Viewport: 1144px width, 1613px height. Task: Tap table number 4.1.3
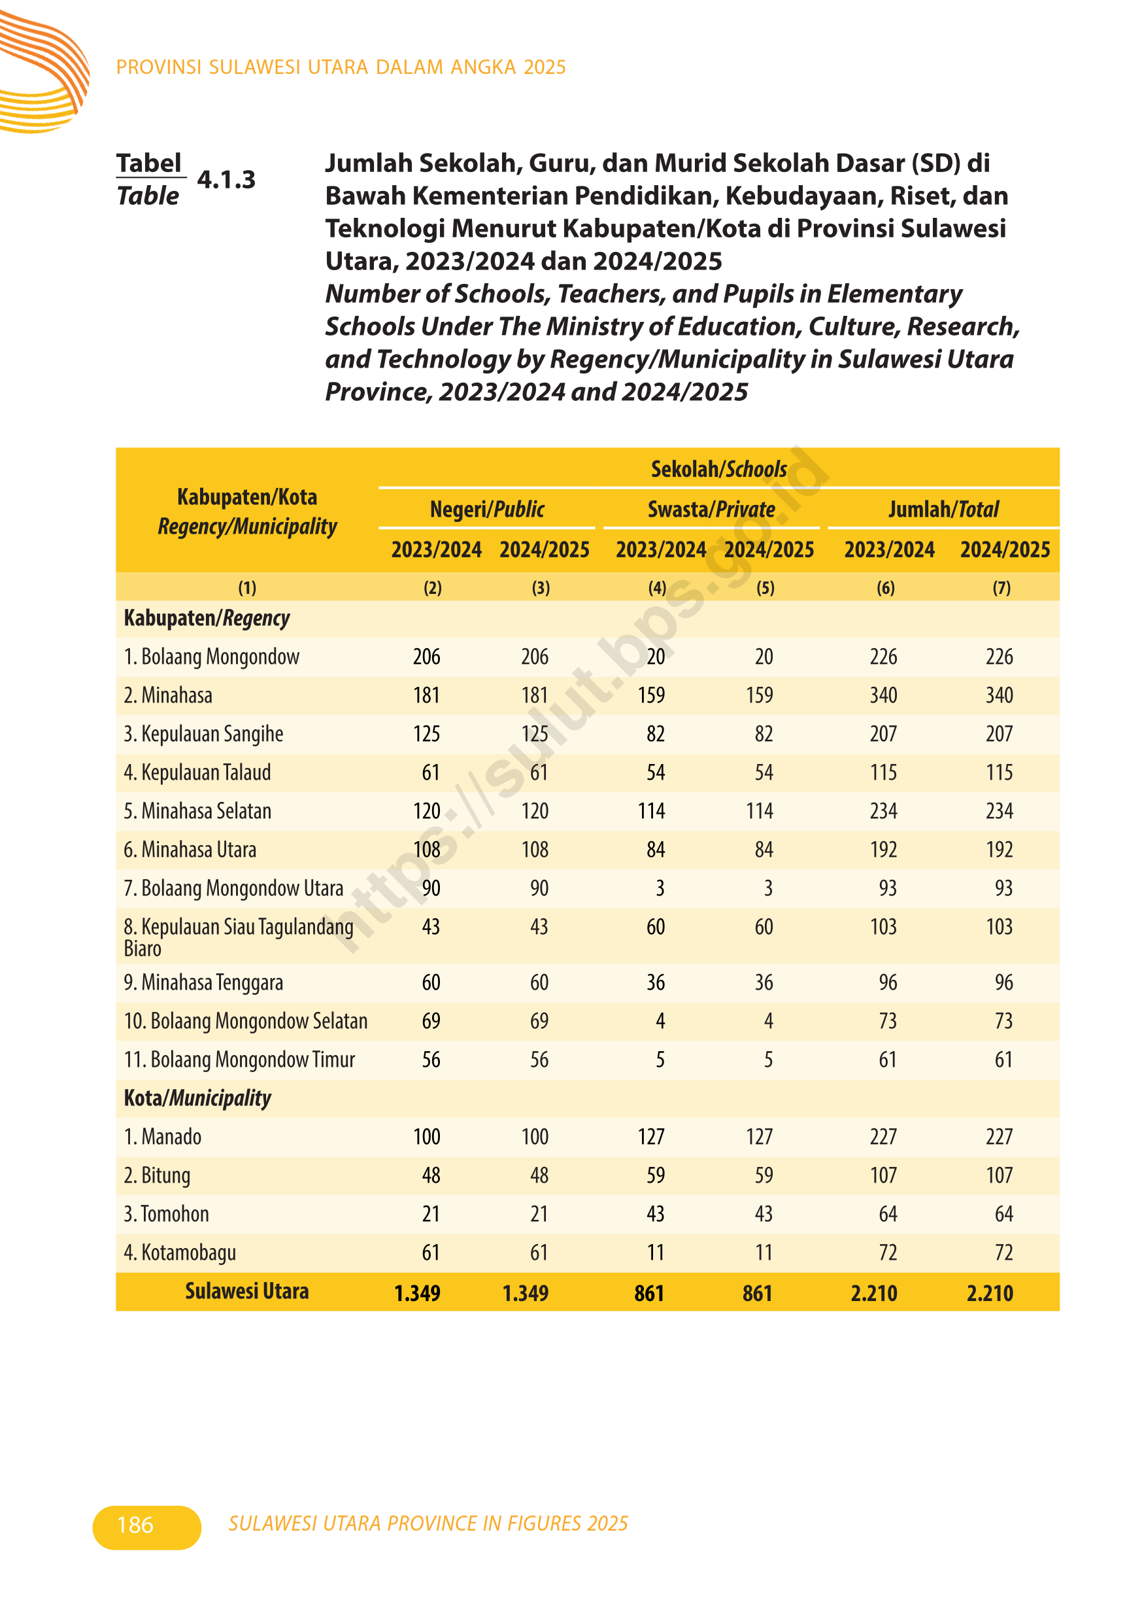[x=226, y=180]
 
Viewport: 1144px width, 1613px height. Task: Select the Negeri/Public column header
[x=487, y=509]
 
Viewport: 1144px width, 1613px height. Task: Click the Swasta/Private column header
[x=711, y=509]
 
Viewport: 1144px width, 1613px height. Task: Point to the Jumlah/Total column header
[x=943, y=509]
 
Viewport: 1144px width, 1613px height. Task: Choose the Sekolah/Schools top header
[x=718, y=469]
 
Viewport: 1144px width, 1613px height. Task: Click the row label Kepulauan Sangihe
[x=203, y=733]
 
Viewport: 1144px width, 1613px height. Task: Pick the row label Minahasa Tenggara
[x=203, y=982]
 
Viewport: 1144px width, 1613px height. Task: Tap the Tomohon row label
[x=167, y=1213]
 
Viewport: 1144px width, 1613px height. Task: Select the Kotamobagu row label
[x=180, y=1252]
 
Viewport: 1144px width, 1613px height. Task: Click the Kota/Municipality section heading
[x=197, y=1098]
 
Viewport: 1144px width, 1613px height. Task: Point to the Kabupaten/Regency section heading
[x=207, y=618]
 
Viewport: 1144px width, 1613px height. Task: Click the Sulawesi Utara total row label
[x=246, y=1291]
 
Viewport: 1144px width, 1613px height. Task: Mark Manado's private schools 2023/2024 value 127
[x=652, y=1137]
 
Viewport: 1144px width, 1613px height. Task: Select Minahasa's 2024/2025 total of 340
[x=999, y=695]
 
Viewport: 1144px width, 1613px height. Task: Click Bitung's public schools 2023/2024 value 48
[x=430, y=1175]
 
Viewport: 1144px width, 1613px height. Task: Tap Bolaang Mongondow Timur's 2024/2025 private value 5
[x=768, y=1060]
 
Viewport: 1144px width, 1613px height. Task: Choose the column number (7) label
[x=1001, y=587]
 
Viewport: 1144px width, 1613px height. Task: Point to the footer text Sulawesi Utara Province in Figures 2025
[x=428, y=1523]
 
